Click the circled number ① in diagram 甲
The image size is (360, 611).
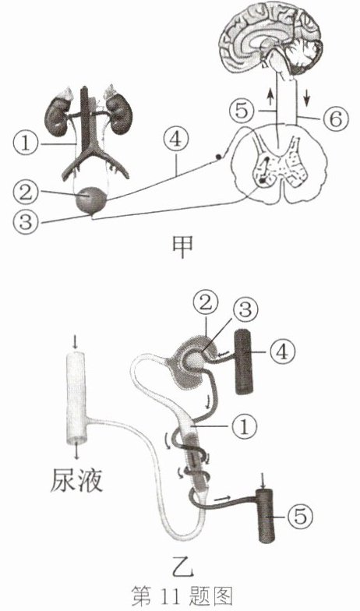pyautogui.click(x=25, y=143)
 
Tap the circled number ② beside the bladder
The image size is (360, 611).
pyautogui.click(x=25, y=192)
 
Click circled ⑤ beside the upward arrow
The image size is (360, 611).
pyautogui.click(x=242, y=111)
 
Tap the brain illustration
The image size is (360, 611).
pyautogui.click(x=271, y=38)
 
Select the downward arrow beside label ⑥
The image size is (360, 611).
pyautogui.click(x=307, y=97)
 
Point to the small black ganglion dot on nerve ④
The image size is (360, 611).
pyautogui.click(x=219, y=157)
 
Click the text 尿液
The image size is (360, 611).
pyautogui.click(x=76, y=480)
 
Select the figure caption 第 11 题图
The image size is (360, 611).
pyautogui.click(x=182, y=595)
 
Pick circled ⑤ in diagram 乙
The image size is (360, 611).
pyautogui.click(x=300, y=516)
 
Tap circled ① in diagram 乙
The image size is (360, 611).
pyautogui.click(x=245, y=426)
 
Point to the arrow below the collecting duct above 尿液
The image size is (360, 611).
pyautogui.click(x=76, y=452)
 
